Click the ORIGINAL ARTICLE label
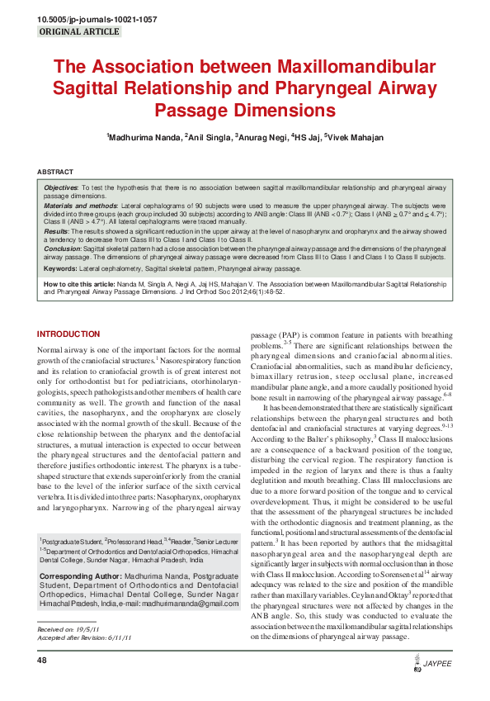pos(80,32)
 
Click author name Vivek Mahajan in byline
pos(356,137)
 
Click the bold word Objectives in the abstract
pos(62,188)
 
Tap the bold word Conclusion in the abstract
pos(64,248)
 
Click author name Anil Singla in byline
pos(209,137)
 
